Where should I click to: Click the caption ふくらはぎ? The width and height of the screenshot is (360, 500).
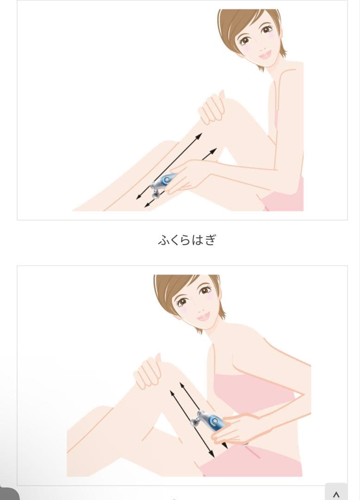[x=187, y=240]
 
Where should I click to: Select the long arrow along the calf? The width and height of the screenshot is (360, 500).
[x=169, y=166]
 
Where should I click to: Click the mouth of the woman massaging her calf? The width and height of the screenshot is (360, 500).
[x=265, y=54]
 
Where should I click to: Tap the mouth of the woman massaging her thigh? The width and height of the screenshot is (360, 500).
[x=203, y=316]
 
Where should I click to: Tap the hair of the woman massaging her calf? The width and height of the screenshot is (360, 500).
[x=231, y=23]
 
